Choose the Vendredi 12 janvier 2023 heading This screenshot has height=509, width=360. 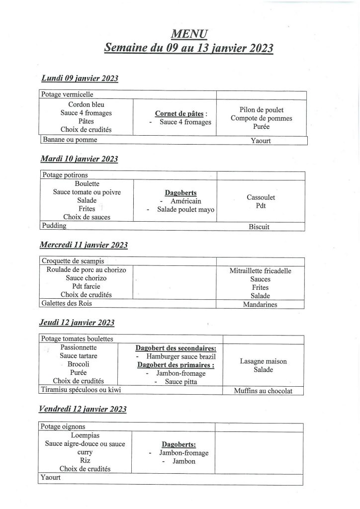click(x=83, y=409)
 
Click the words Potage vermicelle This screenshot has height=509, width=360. click(x=67, y=94)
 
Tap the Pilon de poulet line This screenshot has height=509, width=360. click(x=261, y=110)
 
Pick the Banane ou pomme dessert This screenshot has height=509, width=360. click(x=69, y=140)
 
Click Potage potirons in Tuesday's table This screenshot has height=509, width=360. click(x=64, y=175)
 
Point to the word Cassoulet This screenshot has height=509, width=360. click(x=261, y=197)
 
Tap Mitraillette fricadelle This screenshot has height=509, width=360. click(x=260, y=271)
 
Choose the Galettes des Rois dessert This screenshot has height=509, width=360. click(x=67, y=303)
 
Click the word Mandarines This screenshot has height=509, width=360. click(x=260, y=304)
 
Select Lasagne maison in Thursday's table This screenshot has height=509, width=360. click(x=263, y=361)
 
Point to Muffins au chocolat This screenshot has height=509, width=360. click(x=263, y=391)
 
